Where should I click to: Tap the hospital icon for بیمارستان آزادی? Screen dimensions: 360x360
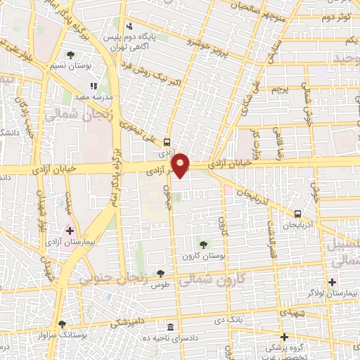(x=70, y=231)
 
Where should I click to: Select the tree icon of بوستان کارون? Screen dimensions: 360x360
(x=204, y=245)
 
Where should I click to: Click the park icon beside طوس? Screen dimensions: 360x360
(x=162, y=273)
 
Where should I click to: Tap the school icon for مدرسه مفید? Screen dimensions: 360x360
(x=94, y=86)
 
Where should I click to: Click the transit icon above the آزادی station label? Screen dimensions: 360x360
(x=167, y=141)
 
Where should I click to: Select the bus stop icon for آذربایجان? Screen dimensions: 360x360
(x=298, y=214)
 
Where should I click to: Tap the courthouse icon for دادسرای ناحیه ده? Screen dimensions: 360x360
(x=171, y=328)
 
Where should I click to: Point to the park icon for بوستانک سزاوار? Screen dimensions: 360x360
(x=62, y=324)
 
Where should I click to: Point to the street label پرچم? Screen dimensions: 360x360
(x=281, y=91)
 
